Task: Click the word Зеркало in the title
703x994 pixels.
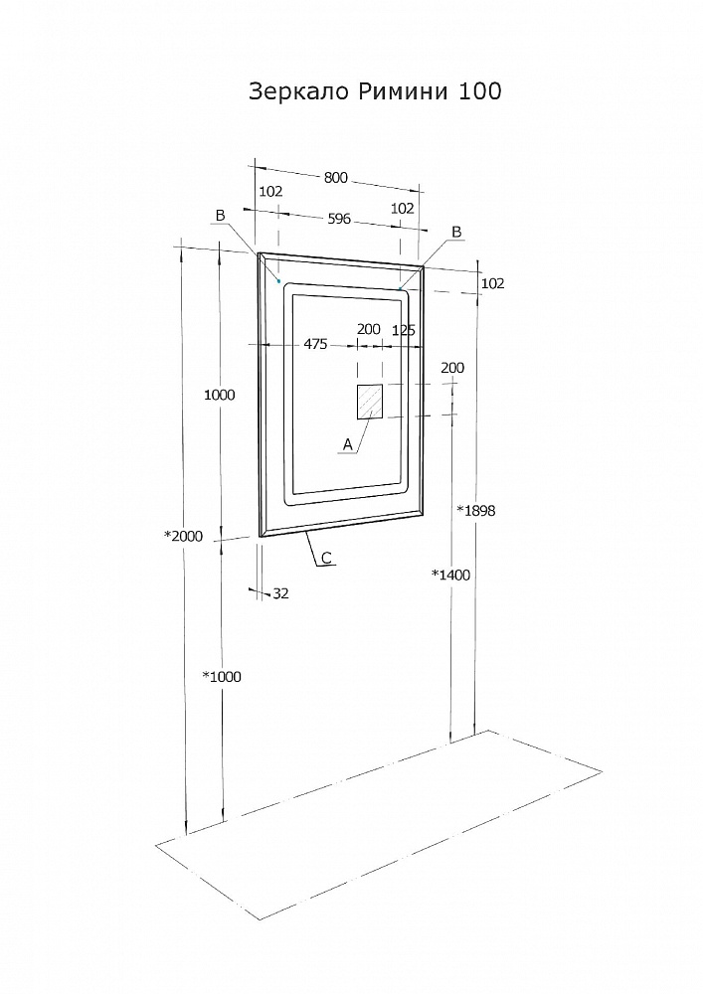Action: coord(298,92)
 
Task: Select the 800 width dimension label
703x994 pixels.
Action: coord(336,178)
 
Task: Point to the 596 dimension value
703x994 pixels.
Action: coord(339,219)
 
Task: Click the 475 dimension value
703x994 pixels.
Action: coord(315,344)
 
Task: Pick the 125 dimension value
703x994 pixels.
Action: coord(404,330)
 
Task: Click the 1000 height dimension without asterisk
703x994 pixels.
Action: coord(220,395)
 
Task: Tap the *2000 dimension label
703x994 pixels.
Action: coord(184,537)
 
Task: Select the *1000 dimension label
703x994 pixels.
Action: coord(222,676)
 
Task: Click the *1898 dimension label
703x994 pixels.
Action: coord(476,511)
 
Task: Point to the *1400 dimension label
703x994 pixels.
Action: coord(451,575)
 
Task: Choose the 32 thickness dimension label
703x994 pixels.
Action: coord(280,594)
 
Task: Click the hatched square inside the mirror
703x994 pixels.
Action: coord(370,402)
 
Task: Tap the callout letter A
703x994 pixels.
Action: coord(347,445)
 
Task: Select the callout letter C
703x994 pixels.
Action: coord(326,558)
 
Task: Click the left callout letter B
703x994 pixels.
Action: coord(220,216)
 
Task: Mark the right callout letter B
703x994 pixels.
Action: coord(456,232)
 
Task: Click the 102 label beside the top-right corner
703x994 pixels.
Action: coord(492,283)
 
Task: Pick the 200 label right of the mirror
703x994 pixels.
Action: coord(452,368)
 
